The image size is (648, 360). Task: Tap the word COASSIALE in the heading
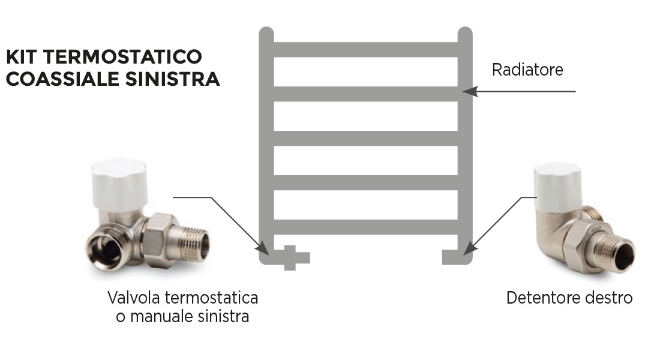pyautogui.click(x=63, y=79)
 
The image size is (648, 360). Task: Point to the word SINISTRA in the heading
pyautogui.click(x=172, y=79)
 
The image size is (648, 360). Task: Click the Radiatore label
pyautogui.click(x=527, y=70)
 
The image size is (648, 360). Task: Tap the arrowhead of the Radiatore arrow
pyautogui.click(x=470, y=91)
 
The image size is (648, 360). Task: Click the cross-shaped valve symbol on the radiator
pyautogui.click(x=290, y=258)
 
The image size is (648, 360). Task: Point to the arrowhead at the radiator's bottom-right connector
pyautogui.click(x=469, y=247)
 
